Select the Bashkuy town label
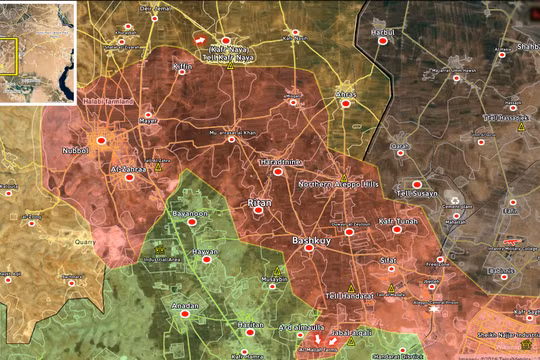click(x=309, y=240)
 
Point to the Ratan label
click(x=259, y=203)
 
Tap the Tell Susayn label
click(x=415, y=190)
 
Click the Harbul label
click(x=383, y=33)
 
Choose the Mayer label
click(x=148, y=122)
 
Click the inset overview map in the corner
click(x=38, y=52)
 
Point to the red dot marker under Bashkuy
click(x=309, y=249)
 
